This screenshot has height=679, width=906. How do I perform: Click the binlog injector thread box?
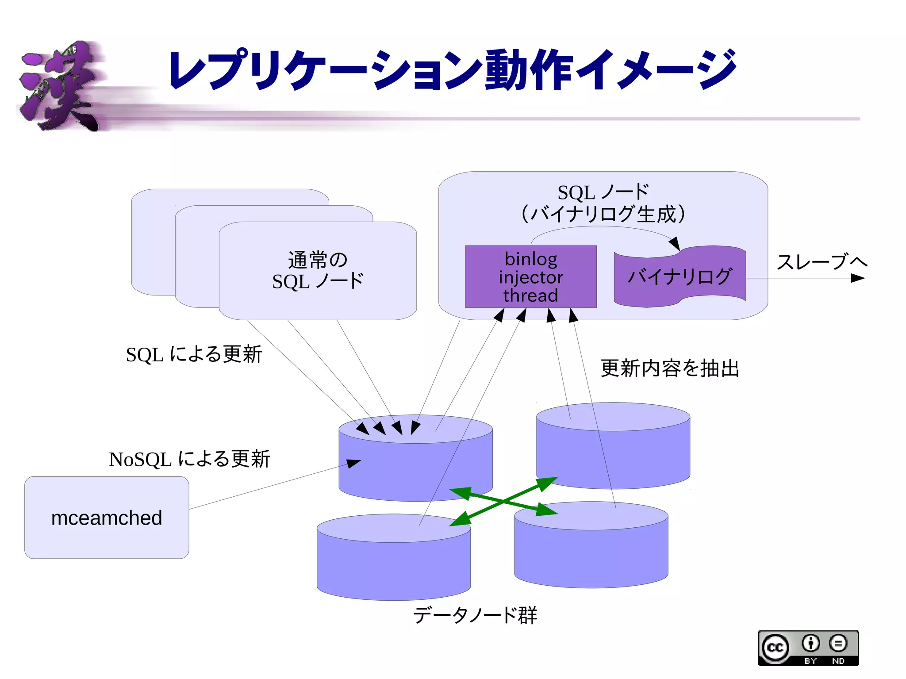point(530,276)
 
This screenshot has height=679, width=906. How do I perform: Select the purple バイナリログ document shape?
point(679,276)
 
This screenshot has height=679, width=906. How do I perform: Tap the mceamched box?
point(107,517)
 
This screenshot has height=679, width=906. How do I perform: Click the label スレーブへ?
point(822,262)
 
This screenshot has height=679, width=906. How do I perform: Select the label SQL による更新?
point(194,354)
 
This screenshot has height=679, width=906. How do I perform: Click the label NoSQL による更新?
point(189,459)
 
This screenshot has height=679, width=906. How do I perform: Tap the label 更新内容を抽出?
point(669,368)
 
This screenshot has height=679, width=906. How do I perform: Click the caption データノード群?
point(475,615)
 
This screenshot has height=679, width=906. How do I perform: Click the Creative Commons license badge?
point(808,648)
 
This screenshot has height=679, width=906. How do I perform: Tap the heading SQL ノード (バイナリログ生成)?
point(603,203)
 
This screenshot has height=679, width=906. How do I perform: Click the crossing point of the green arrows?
point(503,501)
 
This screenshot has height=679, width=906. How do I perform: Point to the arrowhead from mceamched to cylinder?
point(354,463)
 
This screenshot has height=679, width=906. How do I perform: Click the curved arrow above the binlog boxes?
point(602,227)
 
